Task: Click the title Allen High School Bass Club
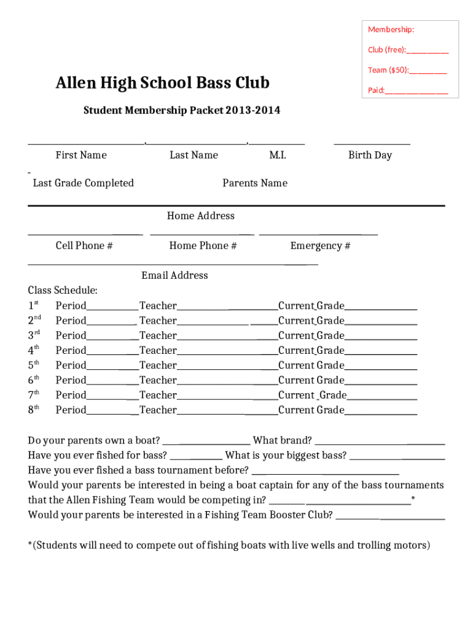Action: (x=163, y=83)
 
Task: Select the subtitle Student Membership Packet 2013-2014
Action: (x=182, y=111)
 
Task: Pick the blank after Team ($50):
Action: (x=428, y=71)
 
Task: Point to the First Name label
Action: (x=81, y=155)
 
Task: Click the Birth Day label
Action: (x=370, y=155)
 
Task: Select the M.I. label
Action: (x=278, y=155)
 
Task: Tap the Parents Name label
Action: (x=255, y=183)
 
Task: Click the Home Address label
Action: (x=201, y=216)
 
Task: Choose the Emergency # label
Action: (x=320, y=246)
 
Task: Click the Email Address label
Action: (x=174, y=275)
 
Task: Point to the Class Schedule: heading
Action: (x=63, y=291)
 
